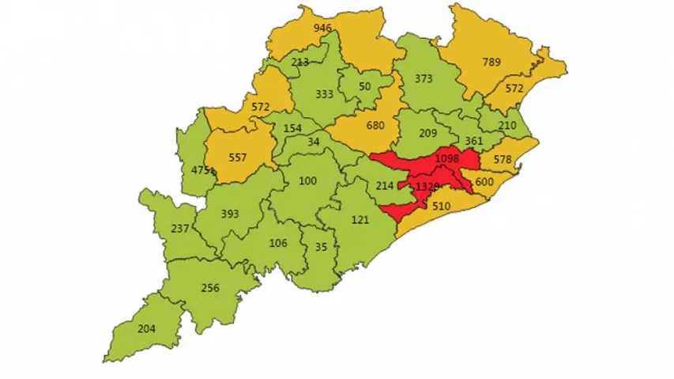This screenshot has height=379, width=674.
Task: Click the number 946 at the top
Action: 322,28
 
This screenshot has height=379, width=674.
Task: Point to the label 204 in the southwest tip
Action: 146,329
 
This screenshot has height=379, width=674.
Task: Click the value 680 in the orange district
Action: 375,125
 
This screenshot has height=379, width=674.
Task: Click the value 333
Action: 323,94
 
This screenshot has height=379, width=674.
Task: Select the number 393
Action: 230,214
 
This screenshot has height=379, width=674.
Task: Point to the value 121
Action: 360,219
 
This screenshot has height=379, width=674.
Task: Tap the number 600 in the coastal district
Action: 484,181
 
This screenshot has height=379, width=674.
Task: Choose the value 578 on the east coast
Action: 503,160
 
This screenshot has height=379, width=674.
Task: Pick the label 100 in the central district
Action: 307,181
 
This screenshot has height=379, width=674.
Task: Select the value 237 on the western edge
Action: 180,229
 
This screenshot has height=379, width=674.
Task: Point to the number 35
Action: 320,246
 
